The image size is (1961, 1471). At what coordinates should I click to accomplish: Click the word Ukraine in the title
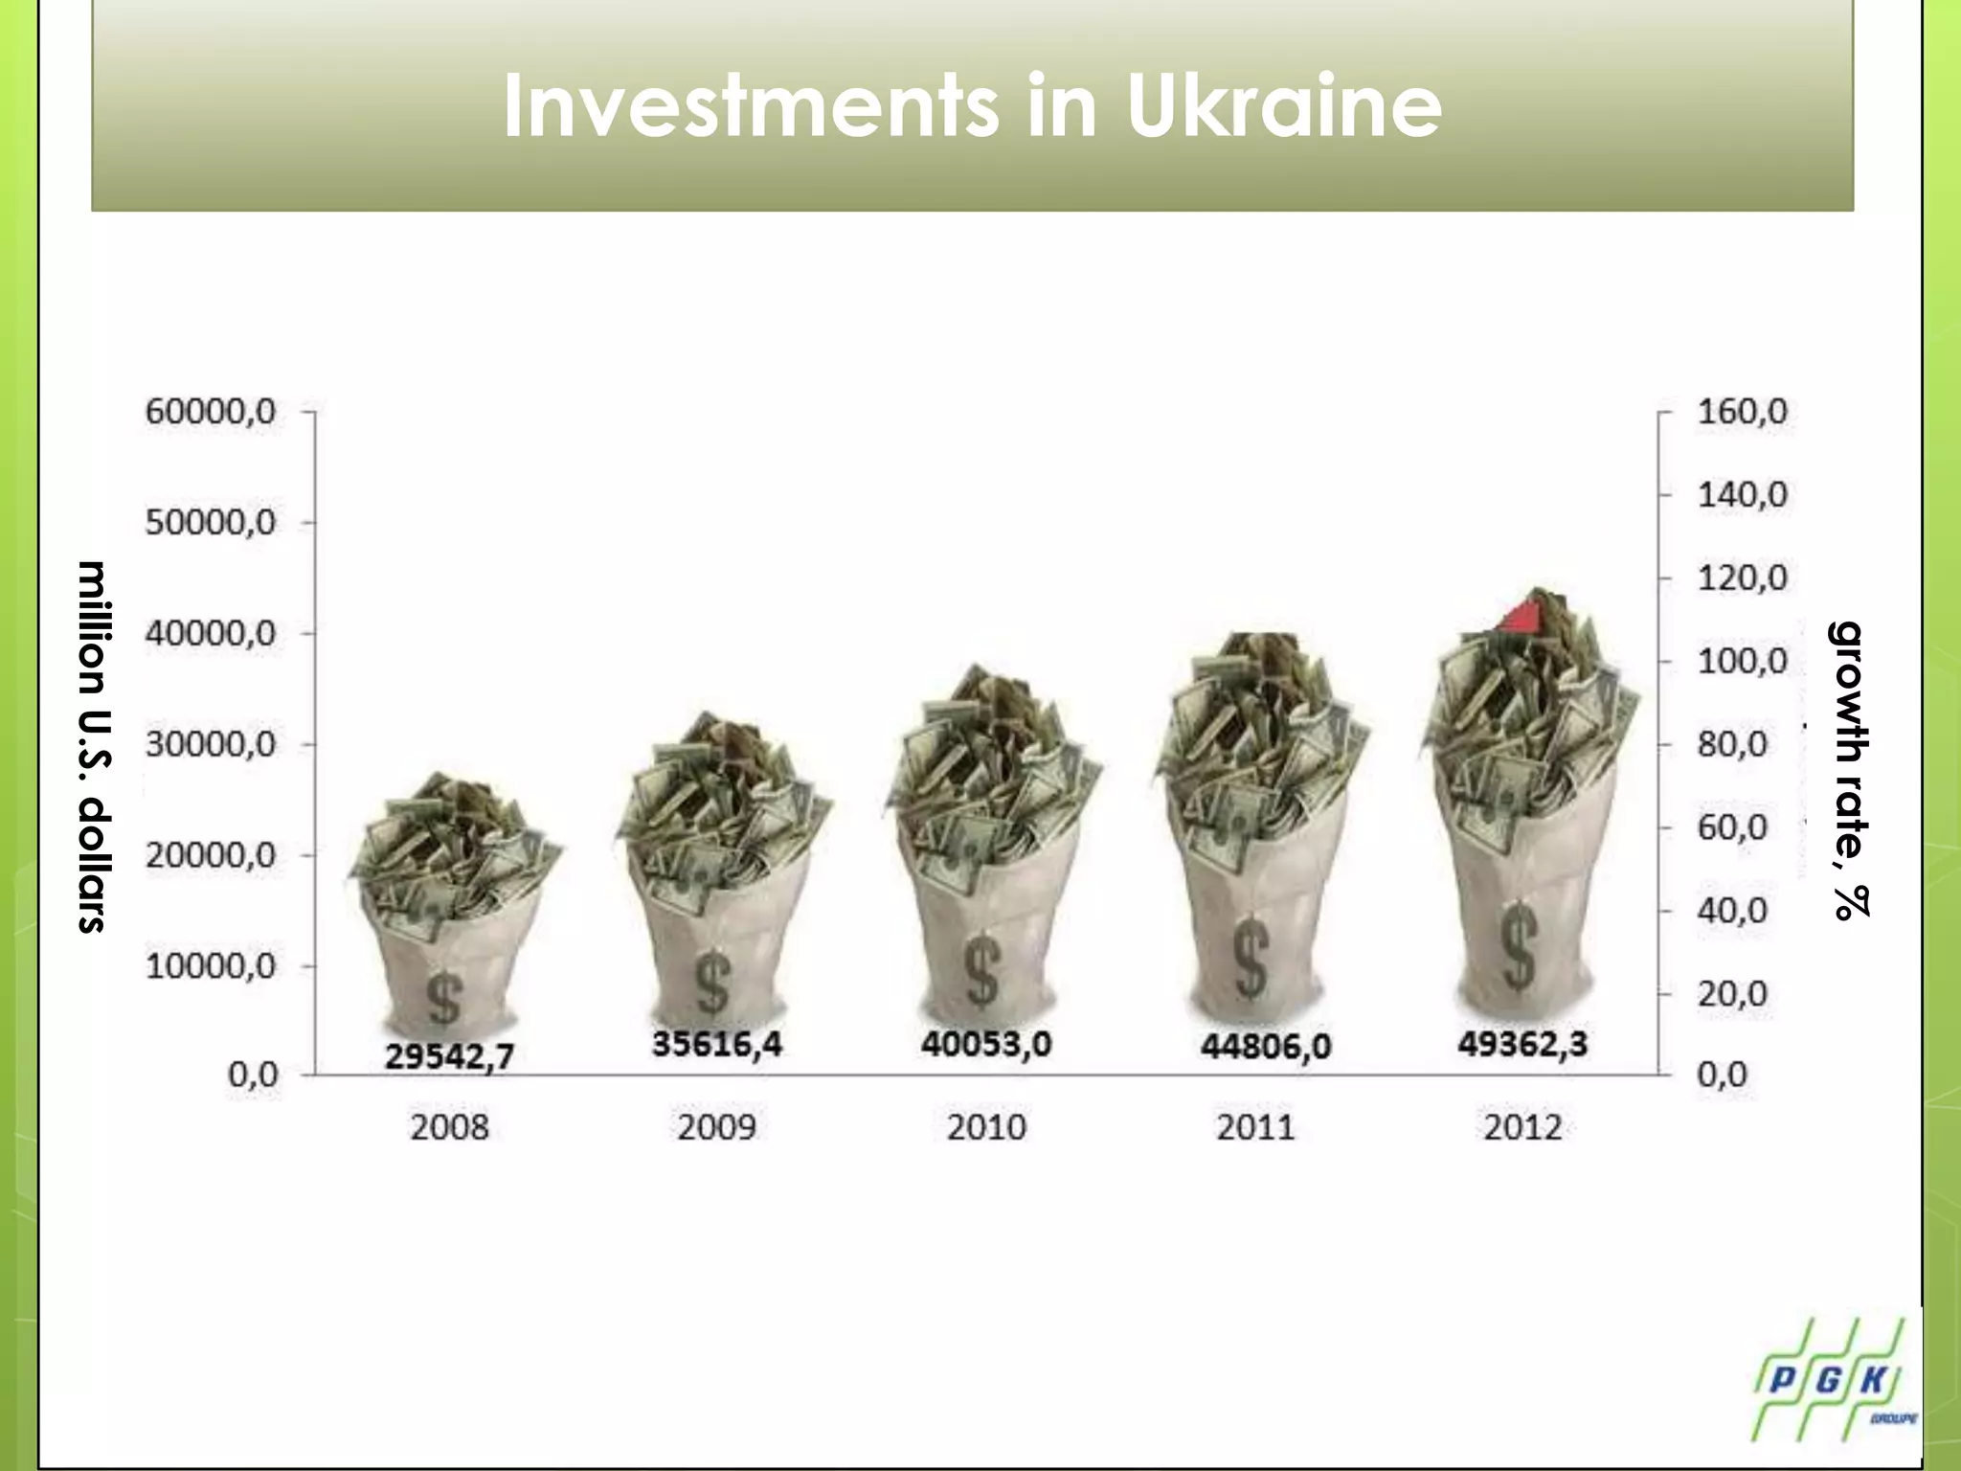[1283, 105]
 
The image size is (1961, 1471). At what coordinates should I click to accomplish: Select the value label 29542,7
[449, 1055]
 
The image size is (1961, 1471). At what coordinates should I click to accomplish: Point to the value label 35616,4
[717, 1043]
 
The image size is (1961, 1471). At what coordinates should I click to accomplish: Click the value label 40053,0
[986, 1043]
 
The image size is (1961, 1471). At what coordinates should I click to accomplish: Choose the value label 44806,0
[1265, 1046]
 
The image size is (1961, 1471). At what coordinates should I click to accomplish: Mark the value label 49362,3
[1522, 1043]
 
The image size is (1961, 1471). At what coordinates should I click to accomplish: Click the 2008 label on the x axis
[449, 1127]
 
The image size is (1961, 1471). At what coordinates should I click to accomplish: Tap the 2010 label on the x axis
[986, 1127]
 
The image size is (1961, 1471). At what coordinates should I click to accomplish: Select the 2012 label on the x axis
[1522, 1127]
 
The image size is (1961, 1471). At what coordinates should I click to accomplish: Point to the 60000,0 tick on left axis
[211, 412]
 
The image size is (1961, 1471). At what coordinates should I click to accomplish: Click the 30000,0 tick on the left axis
[211, 744]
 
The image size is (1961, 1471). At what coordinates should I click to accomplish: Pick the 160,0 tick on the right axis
[1742, 412]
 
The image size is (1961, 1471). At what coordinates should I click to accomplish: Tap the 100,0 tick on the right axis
[1742, 661]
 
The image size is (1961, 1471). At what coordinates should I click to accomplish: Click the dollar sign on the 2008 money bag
[443, 998]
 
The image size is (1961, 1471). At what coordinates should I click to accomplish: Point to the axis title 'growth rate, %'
[1848, 769]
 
